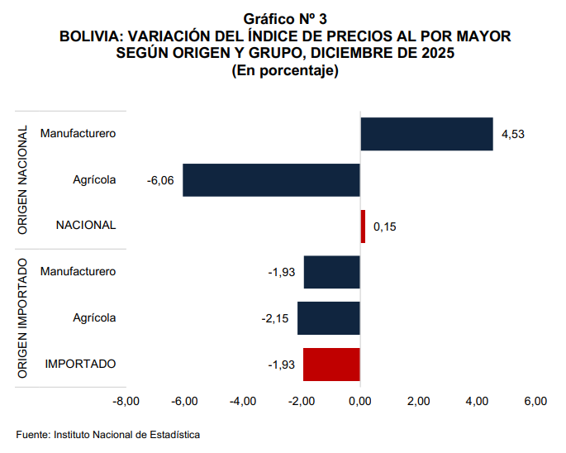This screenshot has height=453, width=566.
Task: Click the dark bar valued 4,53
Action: click(x=426, y=134)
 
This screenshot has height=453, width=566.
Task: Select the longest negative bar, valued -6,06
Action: click(x=271, y=180)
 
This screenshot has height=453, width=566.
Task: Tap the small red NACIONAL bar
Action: click(x=363, y=226)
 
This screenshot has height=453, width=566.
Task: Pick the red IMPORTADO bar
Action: click(x=331, y=365)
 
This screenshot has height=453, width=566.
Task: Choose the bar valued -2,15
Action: click(x=328, y=318)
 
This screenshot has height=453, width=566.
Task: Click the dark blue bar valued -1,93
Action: click(x=331, y=272)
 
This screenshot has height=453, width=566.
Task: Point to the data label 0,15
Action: click(x=385, y=226)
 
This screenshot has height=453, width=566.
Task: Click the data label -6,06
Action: click(x=159, y=180)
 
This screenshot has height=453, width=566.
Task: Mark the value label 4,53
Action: click(x=513, y=134)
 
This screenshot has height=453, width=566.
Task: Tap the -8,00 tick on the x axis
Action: click(x=126, y=402)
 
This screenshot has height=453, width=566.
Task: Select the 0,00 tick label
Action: click(x=360, y=402)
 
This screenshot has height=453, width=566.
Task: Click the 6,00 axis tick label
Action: click(x=535, y=402)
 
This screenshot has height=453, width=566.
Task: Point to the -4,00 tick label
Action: click(x=243, y=402)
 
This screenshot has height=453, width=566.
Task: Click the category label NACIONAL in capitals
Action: click(x=86, y=226)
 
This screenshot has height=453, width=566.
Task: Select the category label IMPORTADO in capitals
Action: click(x=80, y=364)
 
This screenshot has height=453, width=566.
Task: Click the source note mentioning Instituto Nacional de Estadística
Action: click(x=108, y=434)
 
